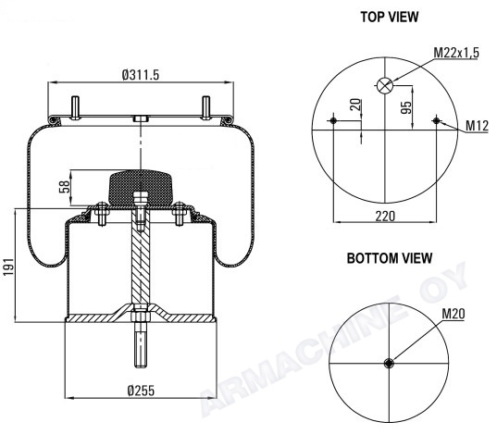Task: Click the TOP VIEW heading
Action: (390, 17)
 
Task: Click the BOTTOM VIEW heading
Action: (390, 258)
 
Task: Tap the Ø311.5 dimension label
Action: (141, 75)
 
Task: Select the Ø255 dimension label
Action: (141, 391)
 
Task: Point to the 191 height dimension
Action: (9, 267)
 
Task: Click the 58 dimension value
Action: (65, 187)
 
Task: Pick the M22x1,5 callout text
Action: (456, 53)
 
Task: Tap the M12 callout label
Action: (477, 126)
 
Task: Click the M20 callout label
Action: (454, 314)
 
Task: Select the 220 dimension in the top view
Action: (385, 217)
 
